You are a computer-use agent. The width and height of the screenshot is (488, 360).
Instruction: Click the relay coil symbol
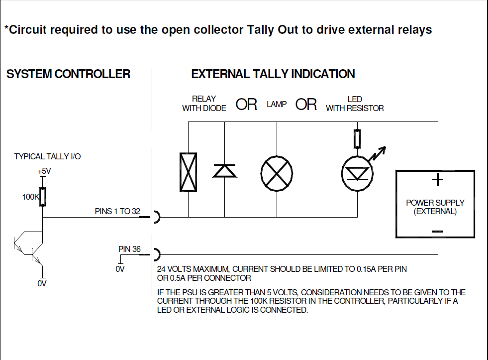pos(189,172)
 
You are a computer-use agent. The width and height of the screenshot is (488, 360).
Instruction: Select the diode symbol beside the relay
pos(225,171)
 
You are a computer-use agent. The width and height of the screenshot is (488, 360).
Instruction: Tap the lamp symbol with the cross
pos(277,173)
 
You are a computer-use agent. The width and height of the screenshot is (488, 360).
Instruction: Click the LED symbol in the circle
pos(357,173)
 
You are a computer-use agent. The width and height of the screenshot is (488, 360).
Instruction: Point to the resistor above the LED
pos(357,139)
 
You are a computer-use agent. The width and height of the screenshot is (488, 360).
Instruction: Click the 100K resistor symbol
pos(43,197)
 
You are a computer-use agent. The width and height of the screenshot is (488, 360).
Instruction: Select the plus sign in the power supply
pos(438,180)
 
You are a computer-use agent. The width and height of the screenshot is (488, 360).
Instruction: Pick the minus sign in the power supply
pos(438,232)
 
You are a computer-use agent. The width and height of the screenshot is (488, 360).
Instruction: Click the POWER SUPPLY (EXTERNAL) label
pos(435,207)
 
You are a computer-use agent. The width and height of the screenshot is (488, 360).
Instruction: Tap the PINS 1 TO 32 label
pos(117,211)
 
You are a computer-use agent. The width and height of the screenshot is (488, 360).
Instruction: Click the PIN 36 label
pos(129,249)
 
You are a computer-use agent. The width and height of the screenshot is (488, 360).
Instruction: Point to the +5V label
pos(44,171)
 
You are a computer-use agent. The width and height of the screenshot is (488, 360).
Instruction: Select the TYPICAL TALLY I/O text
pos(47,156)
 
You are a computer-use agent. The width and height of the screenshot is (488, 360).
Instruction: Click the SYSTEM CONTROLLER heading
pos(68,74)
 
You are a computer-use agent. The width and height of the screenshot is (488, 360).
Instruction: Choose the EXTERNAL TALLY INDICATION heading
pos(273,74)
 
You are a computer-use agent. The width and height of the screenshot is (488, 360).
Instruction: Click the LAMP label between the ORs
pos(277,104)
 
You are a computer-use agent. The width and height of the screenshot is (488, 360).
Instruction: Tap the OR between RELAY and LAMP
pos(246,105)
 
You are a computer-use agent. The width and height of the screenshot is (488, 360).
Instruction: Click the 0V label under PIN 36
pos(120,269)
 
